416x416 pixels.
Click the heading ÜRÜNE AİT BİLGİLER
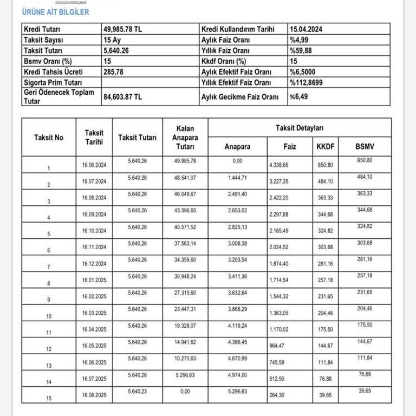[x=55, y=12]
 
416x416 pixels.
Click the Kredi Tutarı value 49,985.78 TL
[x=122, y=29]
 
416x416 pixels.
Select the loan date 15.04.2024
[x=309, y=29]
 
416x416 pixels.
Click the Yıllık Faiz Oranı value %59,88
[x=301, y=50]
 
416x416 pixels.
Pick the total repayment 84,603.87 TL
[x=122, y=96]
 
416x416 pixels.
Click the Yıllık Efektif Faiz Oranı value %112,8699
[x=307, y=82]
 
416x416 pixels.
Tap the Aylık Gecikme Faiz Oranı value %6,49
[x=299, y=96]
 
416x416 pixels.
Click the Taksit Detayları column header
[x=299, y=128]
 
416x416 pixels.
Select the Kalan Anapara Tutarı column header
[x=185, y=138]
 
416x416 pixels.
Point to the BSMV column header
[x=365, y=146]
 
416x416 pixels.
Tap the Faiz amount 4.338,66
[x=282, y=164]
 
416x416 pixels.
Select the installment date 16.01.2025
[x=94, y=282]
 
